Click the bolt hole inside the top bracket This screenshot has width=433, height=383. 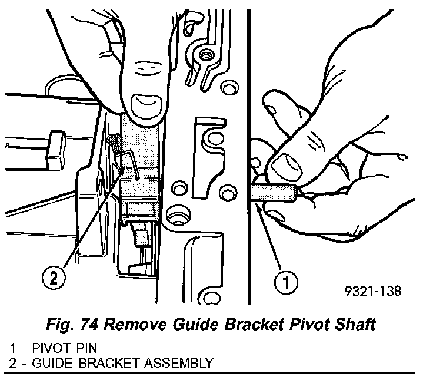point(206,56)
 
